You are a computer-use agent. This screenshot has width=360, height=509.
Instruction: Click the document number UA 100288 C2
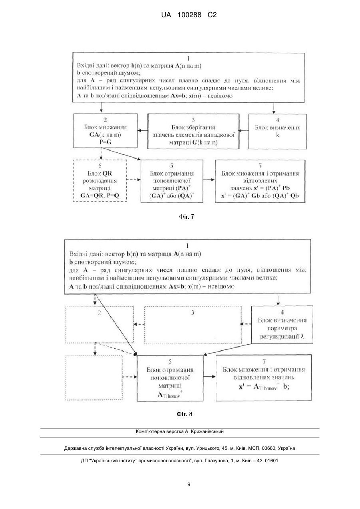[189, 15]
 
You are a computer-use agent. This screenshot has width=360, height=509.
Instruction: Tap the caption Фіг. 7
[187, 217]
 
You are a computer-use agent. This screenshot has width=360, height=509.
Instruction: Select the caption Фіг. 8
[185, 414]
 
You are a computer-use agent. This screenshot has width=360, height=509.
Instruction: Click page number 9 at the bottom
[189, 485]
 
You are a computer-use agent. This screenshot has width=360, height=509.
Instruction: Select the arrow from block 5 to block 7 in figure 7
[209, 180]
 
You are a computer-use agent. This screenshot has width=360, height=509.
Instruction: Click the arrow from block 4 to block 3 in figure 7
[244, 131]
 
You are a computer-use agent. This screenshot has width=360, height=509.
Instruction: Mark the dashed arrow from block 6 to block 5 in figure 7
[134, 180]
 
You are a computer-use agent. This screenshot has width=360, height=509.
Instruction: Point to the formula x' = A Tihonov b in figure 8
[264, 387]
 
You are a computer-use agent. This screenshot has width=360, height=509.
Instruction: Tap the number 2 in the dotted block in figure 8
[99, 313]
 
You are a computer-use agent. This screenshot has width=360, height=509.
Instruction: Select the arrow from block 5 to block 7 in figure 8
[209, 377]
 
